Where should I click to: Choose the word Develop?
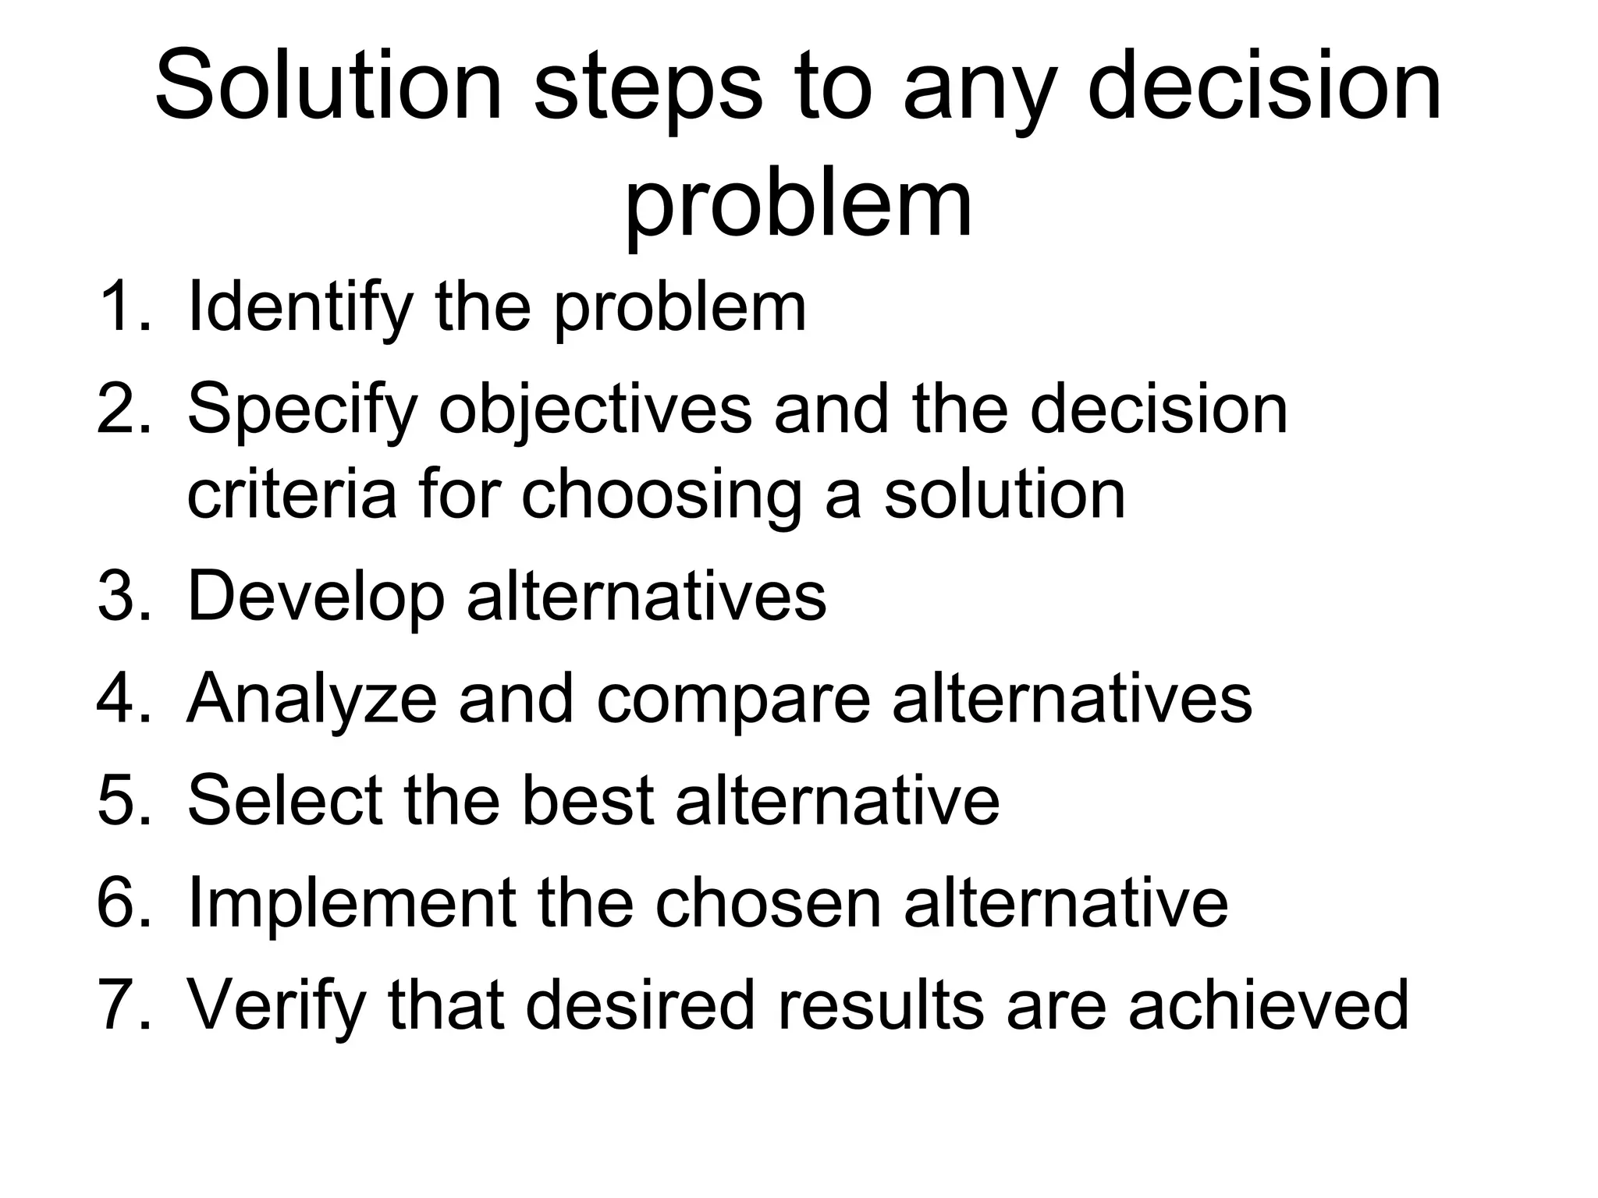click(x=316, y=597)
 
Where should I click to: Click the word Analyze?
click(x=311, y=699)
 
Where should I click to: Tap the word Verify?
click(x=276, y=1006)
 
